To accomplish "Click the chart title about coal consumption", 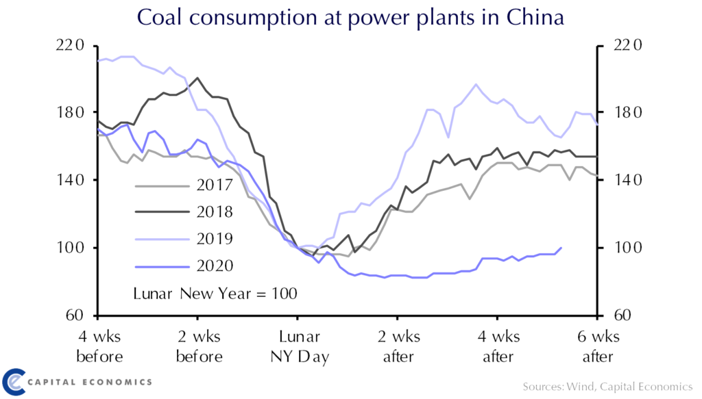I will [x=350, y=17].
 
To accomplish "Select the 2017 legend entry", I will [x=214, y=185].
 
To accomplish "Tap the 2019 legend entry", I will [x=214, y=239].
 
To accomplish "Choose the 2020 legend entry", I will [x=214, y=266].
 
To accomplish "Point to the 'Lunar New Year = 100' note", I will [x=215, y=294].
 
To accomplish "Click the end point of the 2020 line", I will [x=561, y=248].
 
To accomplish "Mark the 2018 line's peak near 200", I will [x=197, y=78].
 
